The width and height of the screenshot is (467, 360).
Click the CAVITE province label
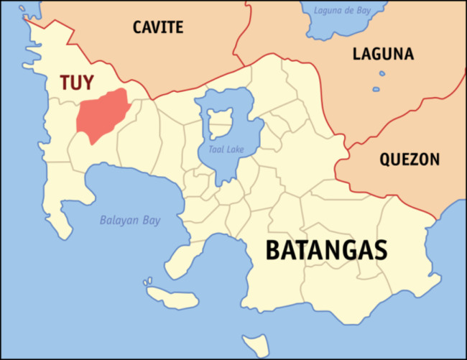[158, 28]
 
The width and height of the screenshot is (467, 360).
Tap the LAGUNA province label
[382, 53]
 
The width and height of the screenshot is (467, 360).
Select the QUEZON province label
[410, 160]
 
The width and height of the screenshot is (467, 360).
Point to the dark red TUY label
[76, 83]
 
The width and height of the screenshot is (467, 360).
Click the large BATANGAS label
[327, 250]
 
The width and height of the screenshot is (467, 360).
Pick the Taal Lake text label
[222, 150]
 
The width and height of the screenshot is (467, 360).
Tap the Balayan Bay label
[130, 221]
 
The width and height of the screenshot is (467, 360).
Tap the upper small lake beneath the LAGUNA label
[382, 73]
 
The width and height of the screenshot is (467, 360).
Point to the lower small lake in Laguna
[375, 90]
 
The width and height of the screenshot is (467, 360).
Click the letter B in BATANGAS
[274, 250]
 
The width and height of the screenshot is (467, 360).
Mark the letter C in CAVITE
[138, 28]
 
